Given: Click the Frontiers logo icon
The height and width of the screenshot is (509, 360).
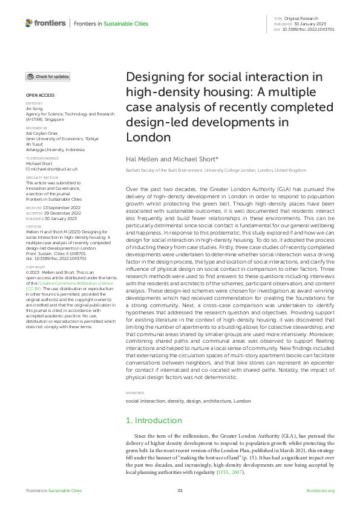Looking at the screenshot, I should point(28,22).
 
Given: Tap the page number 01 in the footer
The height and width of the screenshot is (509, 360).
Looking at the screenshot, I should point(180,491).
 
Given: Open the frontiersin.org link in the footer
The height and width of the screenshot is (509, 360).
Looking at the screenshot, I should point(320,491).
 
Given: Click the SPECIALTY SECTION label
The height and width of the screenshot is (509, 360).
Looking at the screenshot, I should point(41,177).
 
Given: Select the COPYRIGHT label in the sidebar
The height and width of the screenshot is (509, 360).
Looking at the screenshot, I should point(34,266).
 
